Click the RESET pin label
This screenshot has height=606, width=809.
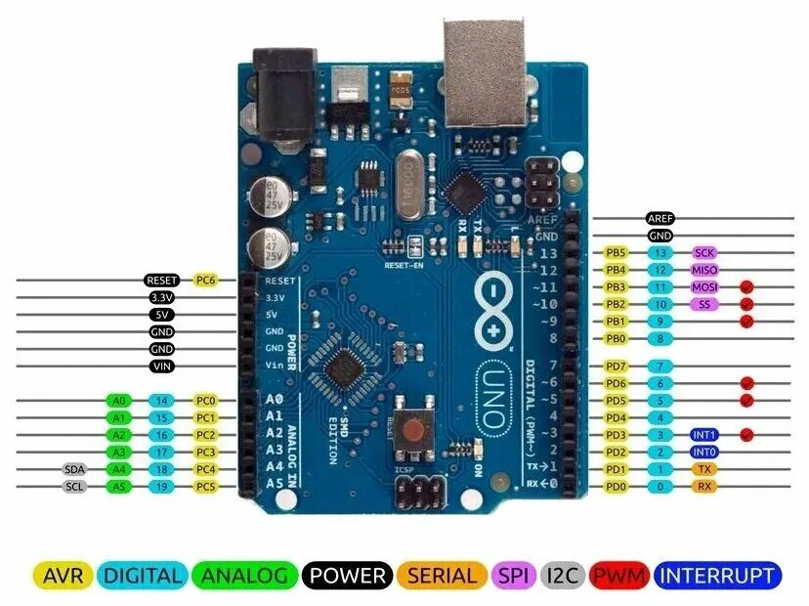[162, 281]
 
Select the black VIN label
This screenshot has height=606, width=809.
[162, 367]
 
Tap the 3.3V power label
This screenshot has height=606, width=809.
[162, 297]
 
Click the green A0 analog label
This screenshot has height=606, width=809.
[119, 401]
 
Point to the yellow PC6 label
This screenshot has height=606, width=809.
[205, 281]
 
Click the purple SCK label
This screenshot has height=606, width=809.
[705, 253]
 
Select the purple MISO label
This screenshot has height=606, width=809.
[705, 270]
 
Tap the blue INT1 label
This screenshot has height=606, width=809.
[705, 434]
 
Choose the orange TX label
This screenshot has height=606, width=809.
[705, 469]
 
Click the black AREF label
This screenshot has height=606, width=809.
[660, 219]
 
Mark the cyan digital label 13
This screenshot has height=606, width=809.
[660, 253]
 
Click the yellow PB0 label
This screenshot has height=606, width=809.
[616, 339]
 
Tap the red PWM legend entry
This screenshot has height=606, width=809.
[619, 576]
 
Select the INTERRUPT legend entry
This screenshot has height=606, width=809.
[719, 576]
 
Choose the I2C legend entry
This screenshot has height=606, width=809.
[563, 576]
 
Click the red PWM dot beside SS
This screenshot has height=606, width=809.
[748, 304]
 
